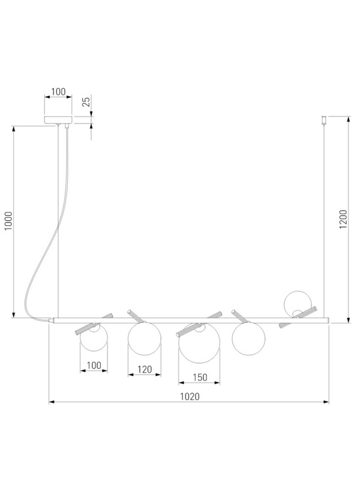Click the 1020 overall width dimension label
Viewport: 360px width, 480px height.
[190, 397]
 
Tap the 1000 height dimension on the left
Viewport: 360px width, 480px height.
[8, 221]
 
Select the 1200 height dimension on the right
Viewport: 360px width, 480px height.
[343, 219]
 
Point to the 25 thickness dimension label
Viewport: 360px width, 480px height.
[86, 101]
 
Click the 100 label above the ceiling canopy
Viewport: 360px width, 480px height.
[58, 92]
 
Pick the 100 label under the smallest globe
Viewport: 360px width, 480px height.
[94, 365]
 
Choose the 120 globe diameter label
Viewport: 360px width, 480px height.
[145, 370]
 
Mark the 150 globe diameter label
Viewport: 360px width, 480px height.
[200, 377]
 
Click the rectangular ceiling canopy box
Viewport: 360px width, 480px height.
[58, 119]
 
